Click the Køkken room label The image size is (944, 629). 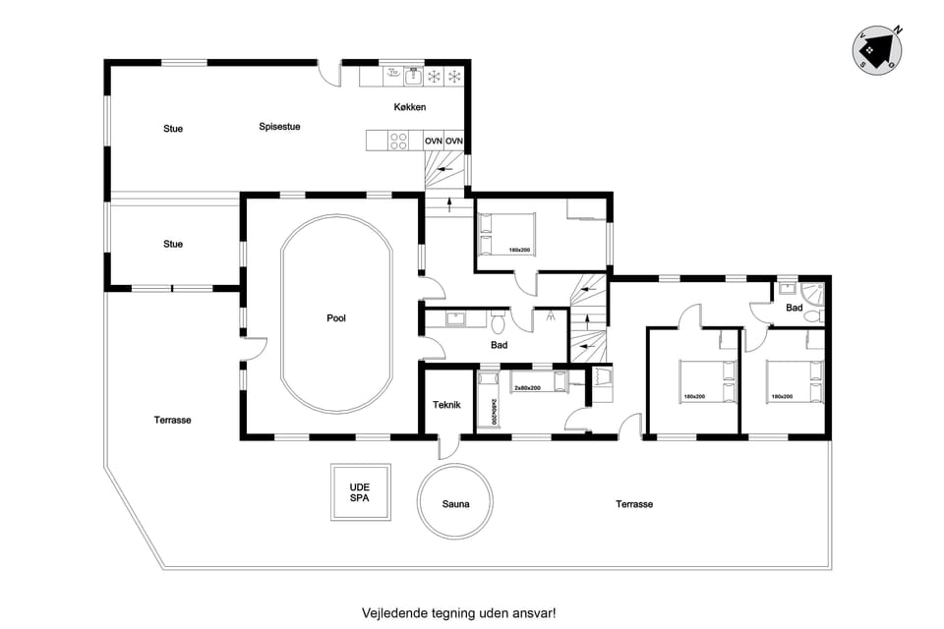coord(409,107)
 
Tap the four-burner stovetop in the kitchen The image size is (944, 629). coord(398,142)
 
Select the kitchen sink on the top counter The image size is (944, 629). coord(392,74)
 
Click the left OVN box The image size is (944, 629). coord(434,142)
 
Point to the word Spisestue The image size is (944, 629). coord(279,126)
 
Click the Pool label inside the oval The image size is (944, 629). coord(336,317)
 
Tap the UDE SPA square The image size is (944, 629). coord(361,491)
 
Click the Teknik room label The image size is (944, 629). coord(448,404)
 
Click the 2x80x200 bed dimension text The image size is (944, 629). coord(527,387)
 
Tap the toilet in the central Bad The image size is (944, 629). coord(499,321)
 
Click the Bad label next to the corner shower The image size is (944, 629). coord(795,308)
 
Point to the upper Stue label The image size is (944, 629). coord(173,129)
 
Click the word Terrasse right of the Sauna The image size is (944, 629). coord(634,503)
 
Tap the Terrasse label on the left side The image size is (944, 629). coord(172,420)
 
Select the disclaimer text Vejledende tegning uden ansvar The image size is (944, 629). coord(458,611)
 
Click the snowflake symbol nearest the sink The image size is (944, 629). coord(433,76)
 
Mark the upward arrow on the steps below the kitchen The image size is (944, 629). coord(450,204)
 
